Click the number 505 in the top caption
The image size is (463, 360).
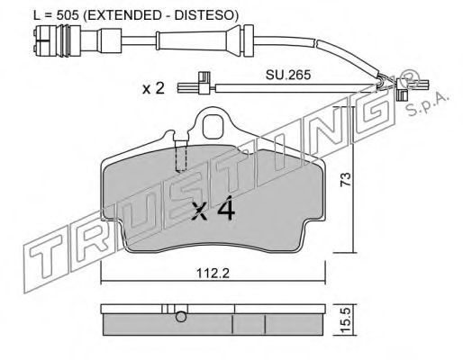point(68,14)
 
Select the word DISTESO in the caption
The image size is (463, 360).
point(204,14)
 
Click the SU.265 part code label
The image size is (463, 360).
point(288,75)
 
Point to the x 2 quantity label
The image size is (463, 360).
point(153,88)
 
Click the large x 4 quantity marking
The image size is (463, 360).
point(213,209)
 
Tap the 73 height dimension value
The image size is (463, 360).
point(346,179)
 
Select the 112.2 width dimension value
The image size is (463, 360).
point(213,273)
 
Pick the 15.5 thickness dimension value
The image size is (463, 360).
point(346,320)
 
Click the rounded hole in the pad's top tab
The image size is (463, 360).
point(213,127)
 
